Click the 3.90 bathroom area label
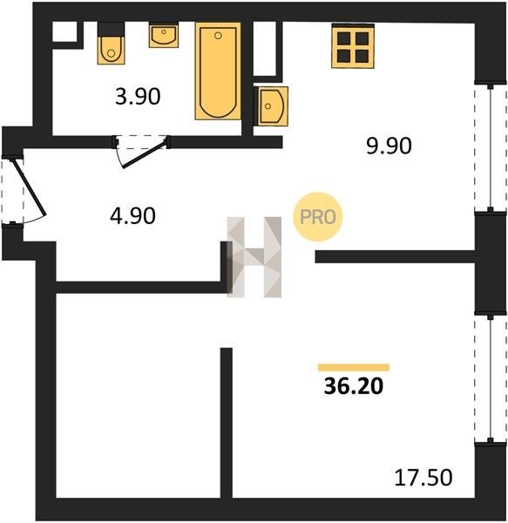[x=138, y=97]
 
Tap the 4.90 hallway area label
[x=132, y=215]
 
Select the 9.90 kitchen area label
[x=389, y=146]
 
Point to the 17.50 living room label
[x=423, y=477]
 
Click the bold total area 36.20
[x=354, y=386]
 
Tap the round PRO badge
[x=318, y=217]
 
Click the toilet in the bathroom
[x=111, y=43]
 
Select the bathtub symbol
[x=218, y=71]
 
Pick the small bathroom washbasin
[x=163, y=35]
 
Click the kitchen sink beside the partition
[x=271, y=106]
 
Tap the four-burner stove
[x=353, y=45]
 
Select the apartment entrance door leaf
[x=29, y=187]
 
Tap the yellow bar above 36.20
[x=354, y=367]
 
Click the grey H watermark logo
[x=254, y=257]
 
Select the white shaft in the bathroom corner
[x=64, y=31]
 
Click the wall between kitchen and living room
[x=395, y=256]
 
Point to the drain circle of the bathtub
[x=218, y=36]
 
